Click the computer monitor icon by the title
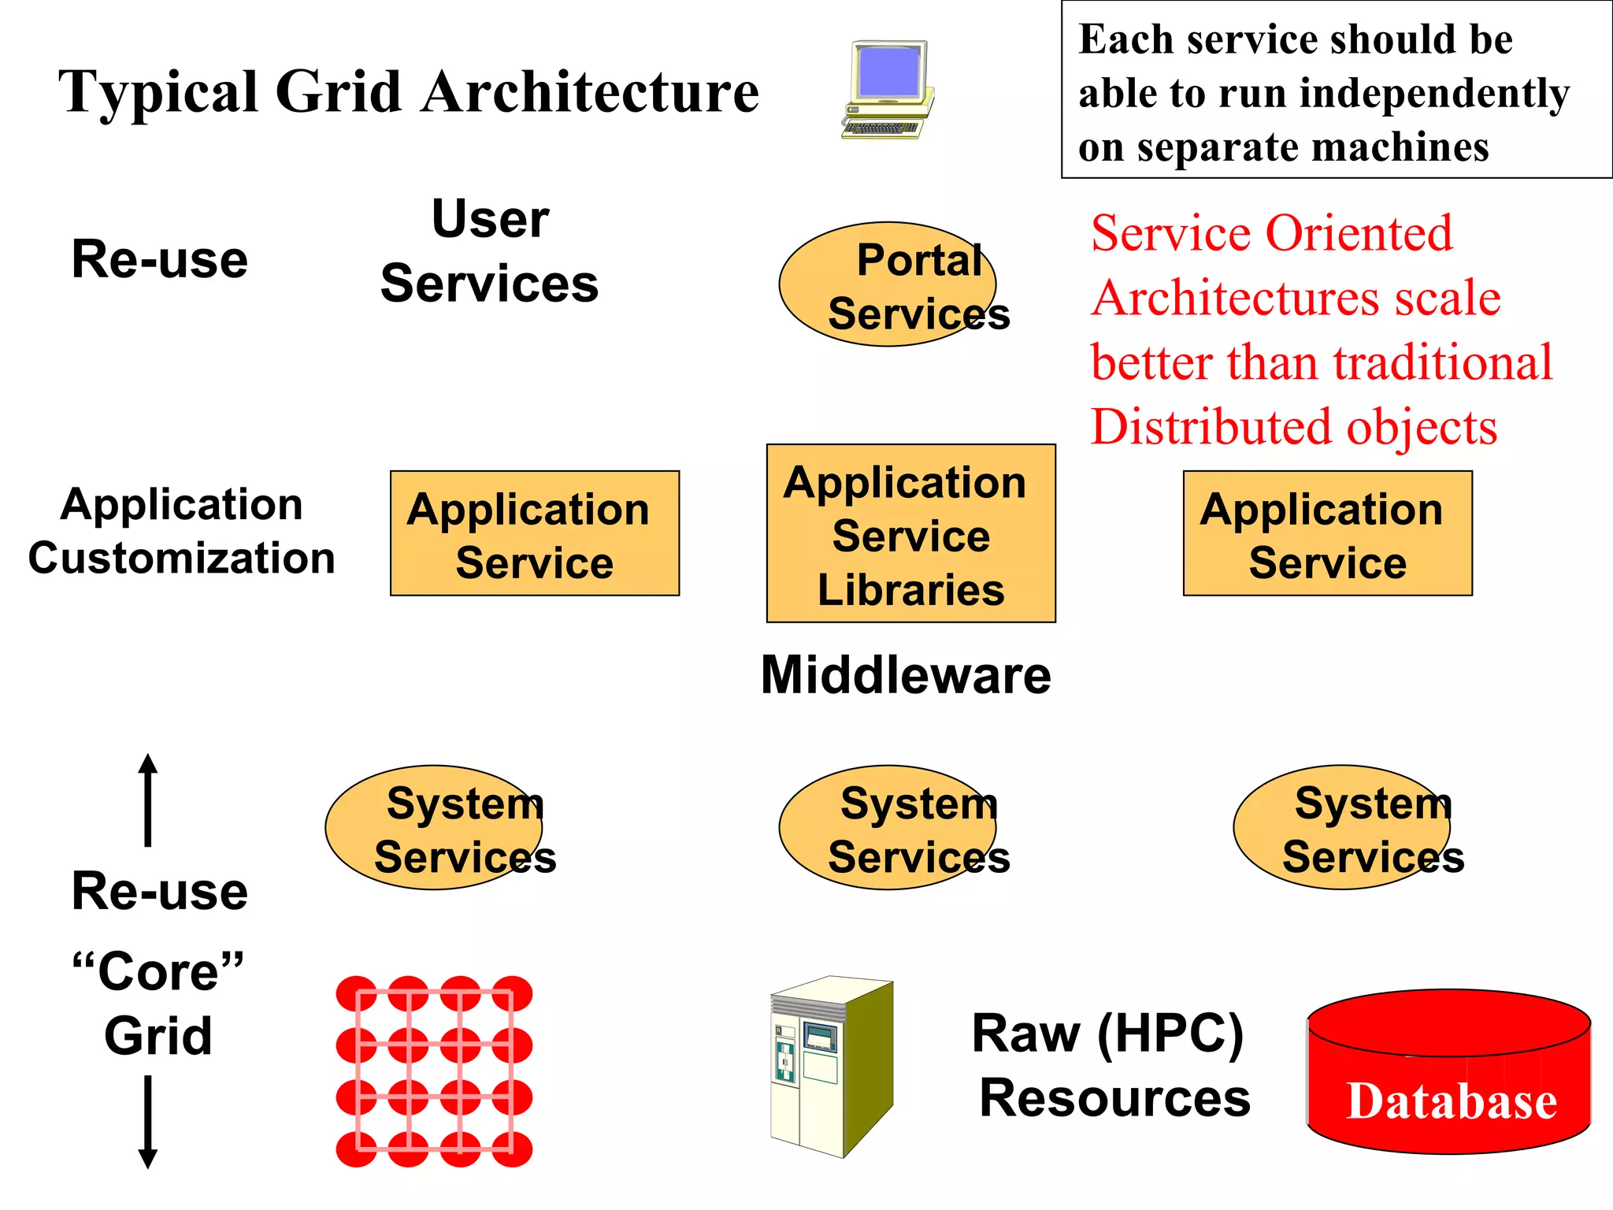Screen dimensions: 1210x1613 point(888,89)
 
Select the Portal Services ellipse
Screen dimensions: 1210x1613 point(888,284)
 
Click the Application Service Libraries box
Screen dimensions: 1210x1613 point(910,533)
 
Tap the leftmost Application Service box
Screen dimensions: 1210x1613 point(534,533)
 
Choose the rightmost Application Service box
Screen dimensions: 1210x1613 point(1327,533)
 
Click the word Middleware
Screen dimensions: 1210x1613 point(906,676)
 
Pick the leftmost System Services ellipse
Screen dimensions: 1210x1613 point(434,827)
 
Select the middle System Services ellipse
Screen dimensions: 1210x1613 point(888,827)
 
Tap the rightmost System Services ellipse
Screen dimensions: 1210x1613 point(1342,827)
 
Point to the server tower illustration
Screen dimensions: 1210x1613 point(831,1067)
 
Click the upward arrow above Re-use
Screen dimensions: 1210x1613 point(148,800)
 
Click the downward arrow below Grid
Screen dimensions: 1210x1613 point(148,1123)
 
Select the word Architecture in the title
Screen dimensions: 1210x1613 point(590,93)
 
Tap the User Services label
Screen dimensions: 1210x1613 point(490,251)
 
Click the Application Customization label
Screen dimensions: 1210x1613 point(181,531)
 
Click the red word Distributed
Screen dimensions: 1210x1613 point(1212,428)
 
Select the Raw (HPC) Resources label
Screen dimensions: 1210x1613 point(1111,1065)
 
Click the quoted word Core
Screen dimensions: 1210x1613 point(158,971)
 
